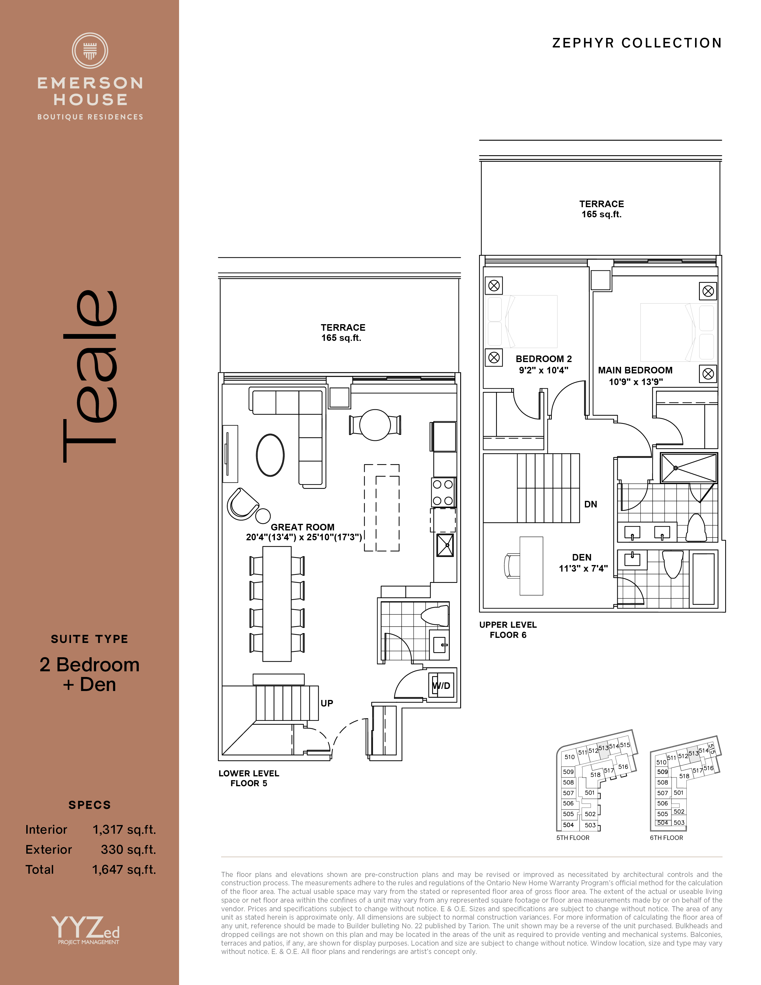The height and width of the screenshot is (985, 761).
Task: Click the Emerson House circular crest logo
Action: coord(90,50)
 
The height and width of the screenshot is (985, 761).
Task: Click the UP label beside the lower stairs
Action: coord(327,703)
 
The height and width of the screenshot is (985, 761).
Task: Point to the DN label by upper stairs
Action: coord(591,504)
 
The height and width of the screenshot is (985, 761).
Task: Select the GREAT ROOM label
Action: coord(303,527)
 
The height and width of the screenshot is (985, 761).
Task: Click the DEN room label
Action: coord(582,558)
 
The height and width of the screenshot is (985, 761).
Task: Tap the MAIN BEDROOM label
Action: coord(635,370)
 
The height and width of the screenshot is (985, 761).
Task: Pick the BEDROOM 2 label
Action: coord(544,359)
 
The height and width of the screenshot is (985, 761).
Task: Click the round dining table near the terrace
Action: coord(375,425)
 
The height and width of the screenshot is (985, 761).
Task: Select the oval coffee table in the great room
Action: coord(270,455)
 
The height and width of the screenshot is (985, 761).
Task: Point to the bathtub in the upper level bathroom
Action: coord(703,579)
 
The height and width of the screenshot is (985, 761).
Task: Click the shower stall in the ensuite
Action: coord(688,468)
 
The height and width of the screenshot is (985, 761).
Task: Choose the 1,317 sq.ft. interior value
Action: coord(124,830)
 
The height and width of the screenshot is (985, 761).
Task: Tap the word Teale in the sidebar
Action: coord(90,376)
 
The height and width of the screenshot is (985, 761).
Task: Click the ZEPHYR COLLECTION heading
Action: coord(637,43)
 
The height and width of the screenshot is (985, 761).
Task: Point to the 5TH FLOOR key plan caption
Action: coord(573,838)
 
